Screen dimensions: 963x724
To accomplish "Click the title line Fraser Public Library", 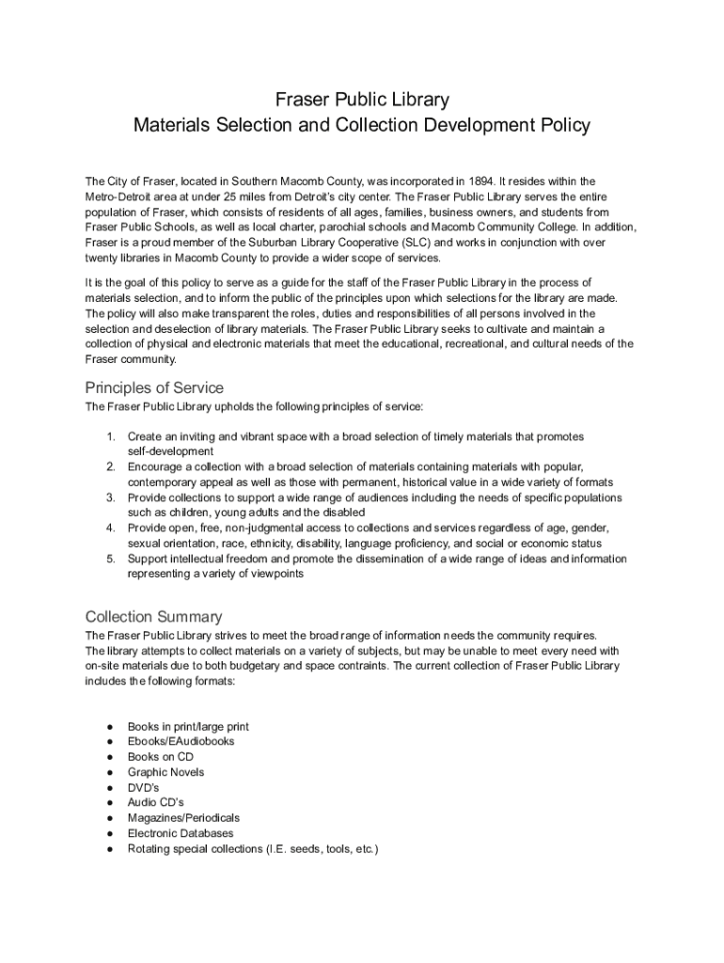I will tap(362, 99).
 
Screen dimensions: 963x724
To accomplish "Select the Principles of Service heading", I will tap(154, 387).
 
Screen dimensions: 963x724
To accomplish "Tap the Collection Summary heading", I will tap(154, 617).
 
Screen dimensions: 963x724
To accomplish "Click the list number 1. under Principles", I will tap(110, 436).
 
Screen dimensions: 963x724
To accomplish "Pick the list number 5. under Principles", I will tap(110, 559).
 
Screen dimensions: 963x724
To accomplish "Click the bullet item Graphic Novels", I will tap(165, 772).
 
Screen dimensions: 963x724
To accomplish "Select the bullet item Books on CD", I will tap(160, 756).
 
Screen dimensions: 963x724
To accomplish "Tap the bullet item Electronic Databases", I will tap(181, 833).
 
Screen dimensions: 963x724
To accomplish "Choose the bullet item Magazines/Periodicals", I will tap(183, 818).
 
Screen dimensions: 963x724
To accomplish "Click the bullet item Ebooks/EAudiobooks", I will tap(181, 741).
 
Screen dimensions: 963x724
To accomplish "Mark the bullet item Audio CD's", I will tap(155, 802).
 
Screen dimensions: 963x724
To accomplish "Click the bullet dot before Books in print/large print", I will tap(110, 727).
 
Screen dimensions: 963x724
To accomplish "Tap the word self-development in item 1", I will tap(170, 451).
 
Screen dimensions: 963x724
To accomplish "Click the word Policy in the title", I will tap(565, 124).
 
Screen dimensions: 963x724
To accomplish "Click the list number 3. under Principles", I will tap(110, 497).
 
